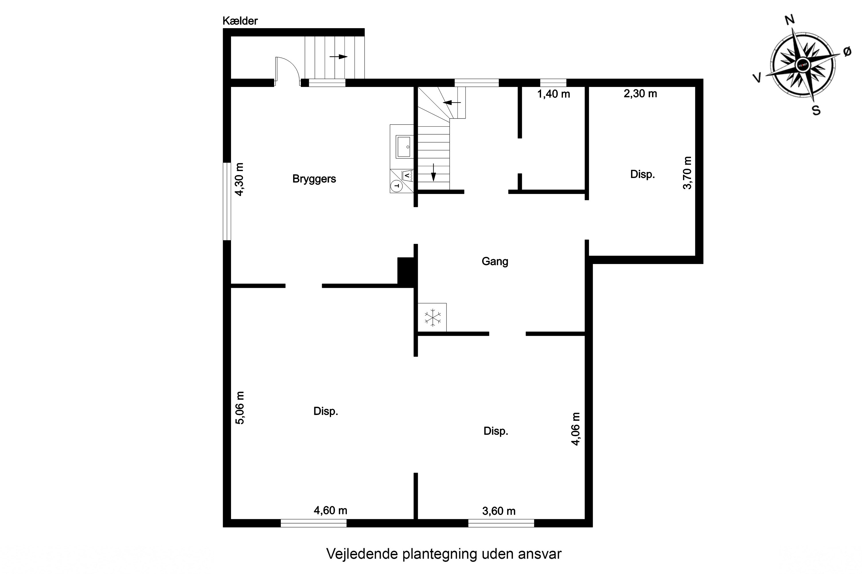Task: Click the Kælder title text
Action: click(x=240, y=21)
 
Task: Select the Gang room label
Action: click(x=495, y=261)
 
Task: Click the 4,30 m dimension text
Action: click(x=239, y=179)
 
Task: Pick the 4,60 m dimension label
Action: click(x=330, y=510)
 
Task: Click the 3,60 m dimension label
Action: click(x=499, y=511)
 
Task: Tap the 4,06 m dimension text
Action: click(x=576, y=429)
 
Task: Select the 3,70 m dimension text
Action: click(x=688, y=173)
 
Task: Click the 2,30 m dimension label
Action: click(x=640, y=94)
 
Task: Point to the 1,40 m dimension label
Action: click(x=553, y=94)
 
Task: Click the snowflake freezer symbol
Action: click(x=433, y=317)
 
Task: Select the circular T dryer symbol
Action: click(x=397, y=186)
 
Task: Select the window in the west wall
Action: click(x=227, y=201)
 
